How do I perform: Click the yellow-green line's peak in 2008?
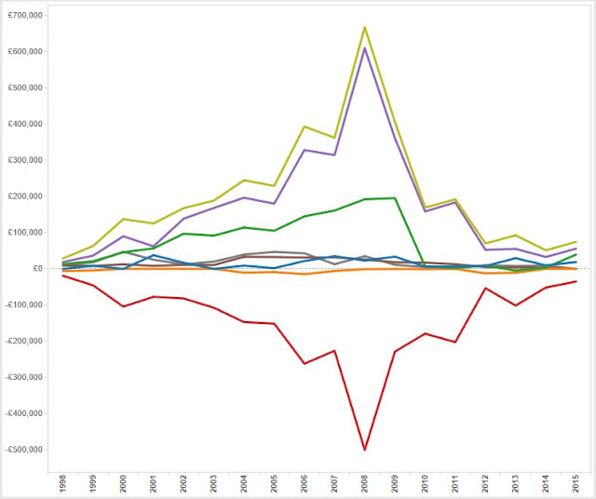point(364,26)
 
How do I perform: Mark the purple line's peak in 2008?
point(364,47)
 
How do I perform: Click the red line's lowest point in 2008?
point(364,450)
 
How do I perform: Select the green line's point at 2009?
point(394,197)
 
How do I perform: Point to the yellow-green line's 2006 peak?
point(304,127)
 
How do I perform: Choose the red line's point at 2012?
point(484,288)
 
